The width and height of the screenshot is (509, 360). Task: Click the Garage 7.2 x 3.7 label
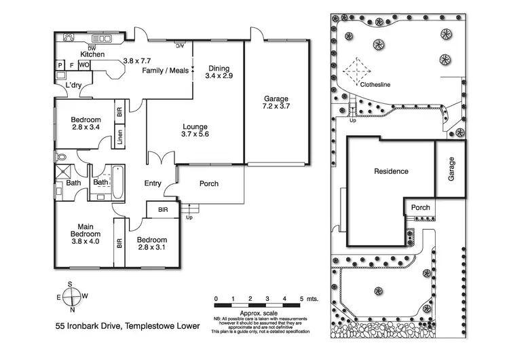coord(276,103)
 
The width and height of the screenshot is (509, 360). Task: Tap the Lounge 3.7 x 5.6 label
coord(195,131)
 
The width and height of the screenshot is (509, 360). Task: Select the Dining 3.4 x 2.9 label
coord(219,72)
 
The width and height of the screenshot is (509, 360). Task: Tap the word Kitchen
coord(92,54)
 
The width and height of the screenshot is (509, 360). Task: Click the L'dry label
coord(75,86)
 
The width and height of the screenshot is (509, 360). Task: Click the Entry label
coord(153,183)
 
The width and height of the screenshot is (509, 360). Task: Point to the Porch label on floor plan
coord(209,183)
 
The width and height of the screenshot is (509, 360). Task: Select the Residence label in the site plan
coord(392,171)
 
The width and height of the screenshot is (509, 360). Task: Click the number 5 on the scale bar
coord(302,299)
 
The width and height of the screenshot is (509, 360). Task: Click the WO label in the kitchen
coord(84,65)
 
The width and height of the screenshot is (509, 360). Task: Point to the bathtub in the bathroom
coord(117,183)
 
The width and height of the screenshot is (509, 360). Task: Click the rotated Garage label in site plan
coord(450,168)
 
